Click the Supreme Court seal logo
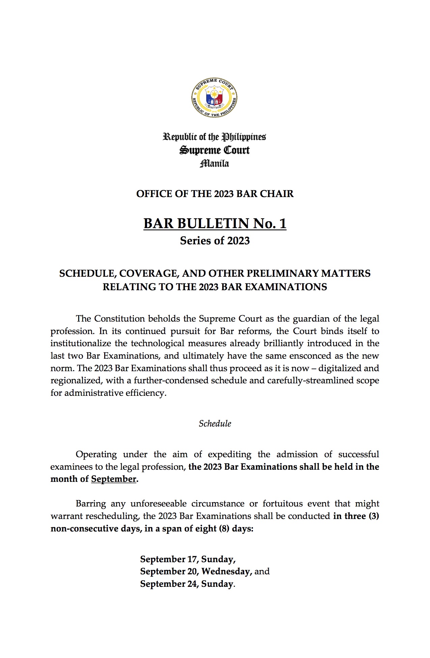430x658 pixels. [x=214, y=98]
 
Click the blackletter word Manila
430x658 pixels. [x=214, y=164]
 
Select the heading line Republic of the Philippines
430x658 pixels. [x=214, y=137]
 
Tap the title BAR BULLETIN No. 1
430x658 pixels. [x=215, y=223]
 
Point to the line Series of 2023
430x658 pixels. [x=215, y=241]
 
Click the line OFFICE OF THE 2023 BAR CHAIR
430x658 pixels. [x=215, y=194]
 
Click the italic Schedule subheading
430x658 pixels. [x=215, y=423]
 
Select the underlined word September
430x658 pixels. [x=114, y=479]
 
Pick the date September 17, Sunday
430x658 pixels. [x=188, y=559]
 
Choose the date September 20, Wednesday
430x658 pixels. [x=196, y=571]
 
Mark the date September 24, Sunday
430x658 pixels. [x=187, y=584]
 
